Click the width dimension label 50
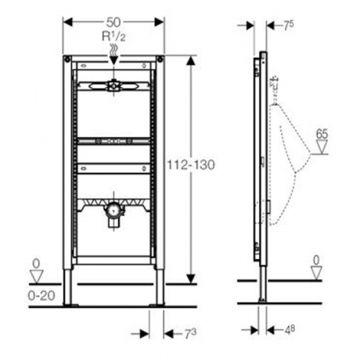(114, 22)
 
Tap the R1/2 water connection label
(114, 36)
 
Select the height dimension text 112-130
(191, 165)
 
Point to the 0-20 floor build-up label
(42, 295)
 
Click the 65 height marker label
(322, 134)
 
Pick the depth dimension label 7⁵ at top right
(289, 26)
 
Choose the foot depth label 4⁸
(290, 330)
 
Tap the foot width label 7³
(190, 334)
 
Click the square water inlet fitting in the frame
(114, 86)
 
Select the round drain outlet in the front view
(114, 210)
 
